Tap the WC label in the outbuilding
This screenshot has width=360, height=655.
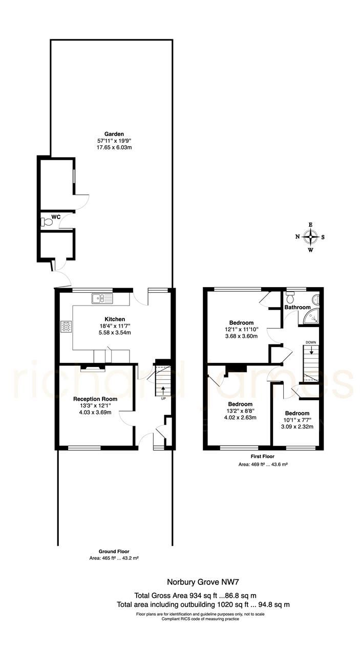click(56, 217)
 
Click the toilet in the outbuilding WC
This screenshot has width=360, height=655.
click(47, 222)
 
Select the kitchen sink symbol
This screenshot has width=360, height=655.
click(102, 298)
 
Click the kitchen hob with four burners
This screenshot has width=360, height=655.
click(67, 326)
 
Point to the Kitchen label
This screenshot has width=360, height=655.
click(115, 319)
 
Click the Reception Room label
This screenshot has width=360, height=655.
click(95, 399)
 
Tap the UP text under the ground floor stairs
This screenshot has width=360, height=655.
click(163, 398)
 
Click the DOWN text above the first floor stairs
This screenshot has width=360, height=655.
click(311, 342)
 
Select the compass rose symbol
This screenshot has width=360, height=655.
click(310, 237)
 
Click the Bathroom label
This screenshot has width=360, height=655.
click(298, 308)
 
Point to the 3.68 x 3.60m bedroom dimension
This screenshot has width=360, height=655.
click(241, 336)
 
